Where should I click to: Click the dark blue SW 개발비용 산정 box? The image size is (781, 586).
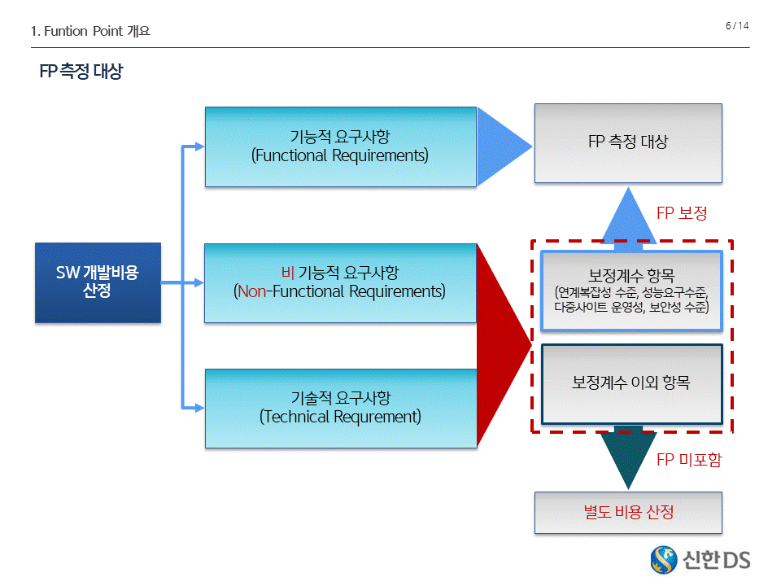tap(98, 282)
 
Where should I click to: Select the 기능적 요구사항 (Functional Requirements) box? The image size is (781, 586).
tap(340, 146)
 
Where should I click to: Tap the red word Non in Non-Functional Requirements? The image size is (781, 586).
tap(251, 291)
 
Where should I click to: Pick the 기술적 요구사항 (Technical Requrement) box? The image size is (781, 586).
tap(340, 408)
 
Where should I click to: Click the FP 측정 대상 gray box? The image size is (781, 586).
tap(627, 142)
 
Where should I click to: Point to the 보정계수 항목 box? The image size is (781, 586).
tap(630, 291)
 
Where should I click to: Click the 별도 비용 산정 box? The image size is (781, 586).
tap(627, 512)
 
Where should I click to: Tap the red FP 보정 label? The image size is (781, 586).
tap(682, 213)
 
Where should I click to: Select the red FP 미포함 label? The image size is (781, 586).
tap(688, 460)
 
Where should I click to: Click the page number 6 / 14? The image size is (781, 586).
tap(736, 26)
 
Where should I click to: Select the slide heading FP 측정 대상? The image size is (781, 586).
tap(81, 72)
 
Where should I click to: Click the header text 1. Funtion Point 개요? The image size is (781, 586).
tap(90, 32)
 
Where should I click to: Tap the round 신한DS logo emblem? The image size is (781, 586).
tap(665, 559)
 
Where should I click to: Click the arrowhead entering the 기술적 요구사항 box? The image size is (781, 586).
tap(199, 408)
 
